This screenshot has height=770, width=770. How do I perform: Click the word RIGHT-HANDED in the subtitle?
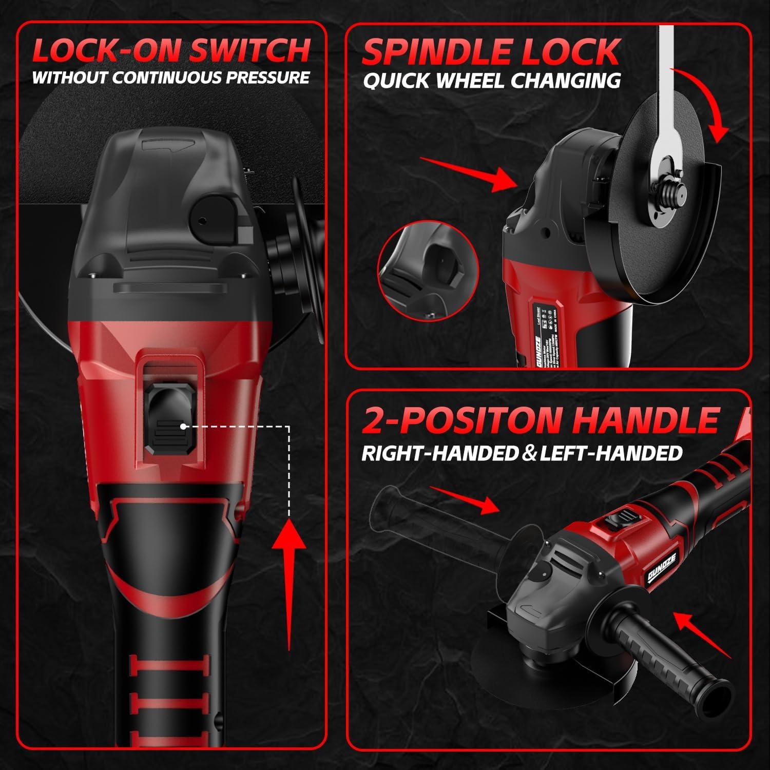(x=439, y=453)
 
